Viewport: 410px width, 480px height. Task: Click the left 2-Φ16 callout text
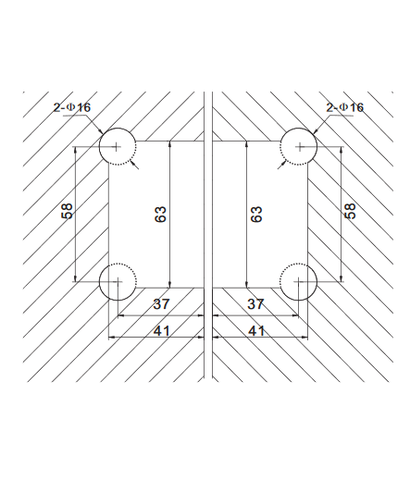[x=72, y=107]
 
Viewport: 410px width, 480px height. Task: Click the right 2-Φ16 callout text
[x=345, y=107]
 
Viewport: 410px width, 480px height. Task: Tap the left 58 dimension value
[x=68, y=211]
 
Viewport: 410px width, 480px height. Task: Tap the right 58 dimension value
[x=350, y=211]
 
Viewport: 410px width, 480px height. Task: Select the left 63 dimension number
[x=160, y=215]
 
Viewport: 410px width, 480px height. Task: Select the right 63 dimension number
[x=256, y=215]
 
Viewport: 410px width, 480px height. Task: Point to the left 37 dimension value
[x=161, y=304]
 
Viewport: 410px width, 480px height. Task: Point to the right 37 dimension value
[x=255, y=304]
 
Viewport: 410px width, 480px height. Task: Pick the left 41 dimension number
[x=161, y=331]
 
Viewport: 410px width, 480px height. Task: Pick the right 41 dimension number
[x=256, y=331]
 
